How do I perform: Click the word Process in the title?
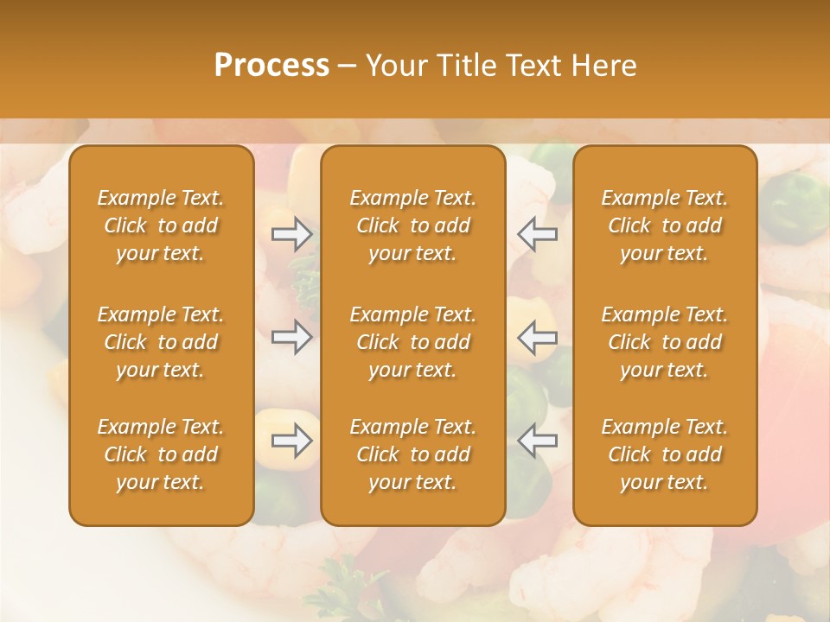[271, 65]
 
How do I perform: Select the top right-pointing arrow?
[292, 234]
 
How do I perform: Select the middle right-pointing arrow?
[292, 337]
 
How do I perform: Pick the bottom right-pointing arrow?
[292, 441]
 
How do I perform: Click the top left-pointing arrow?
[538, 234]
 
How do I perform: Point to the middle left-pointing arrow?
[538, 337]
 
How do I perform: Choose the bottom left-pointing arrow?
[538, 441]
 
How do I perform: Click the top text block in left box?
[161, 225]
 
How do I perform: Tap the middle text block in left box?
[161, 342]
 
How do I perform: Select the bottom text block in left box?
[161, 454]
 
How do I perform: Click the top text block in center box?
[413, 225]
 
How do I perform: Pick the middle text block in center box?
[413, 342]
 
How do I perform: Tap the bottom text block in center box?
[413, 454]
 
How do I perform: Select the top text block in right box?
[665, 225]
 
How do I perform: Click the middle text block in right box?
[665, 342]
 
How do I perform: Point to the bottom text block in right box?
[665, 454]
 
